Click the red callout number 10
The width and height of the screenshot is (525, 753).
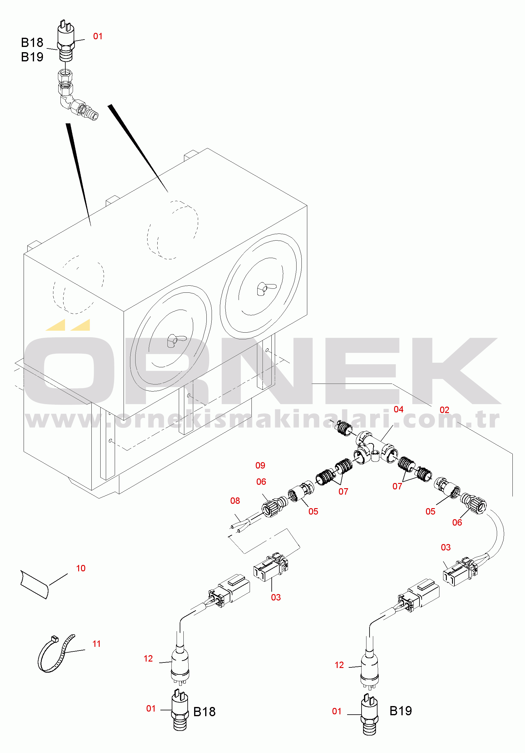tap(81, 568)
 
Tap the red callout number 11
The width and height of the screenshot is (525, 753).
tap(96, 643)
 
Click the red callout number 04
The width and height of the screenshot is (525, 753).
tap(398, 409)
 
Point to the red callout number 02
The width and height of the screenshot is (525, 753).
tap(444, 410)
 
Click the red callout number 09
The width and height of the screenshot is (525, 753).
tap(260, 465)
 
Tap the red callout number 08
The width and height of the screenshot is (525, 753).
tap(235, 501)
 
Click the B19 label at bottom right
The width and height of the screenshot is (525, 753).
tap(400, 711)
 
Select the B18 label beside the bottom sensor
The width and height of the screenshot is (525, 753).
tap(204, 712)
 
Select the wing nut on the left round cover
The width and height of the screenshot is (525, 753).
tap(176, 340)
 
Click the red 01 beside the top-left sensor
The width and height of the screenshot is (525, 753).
tap(98, 37)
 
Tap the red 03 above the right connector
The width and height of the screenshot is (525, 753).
tap(445, 547)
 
